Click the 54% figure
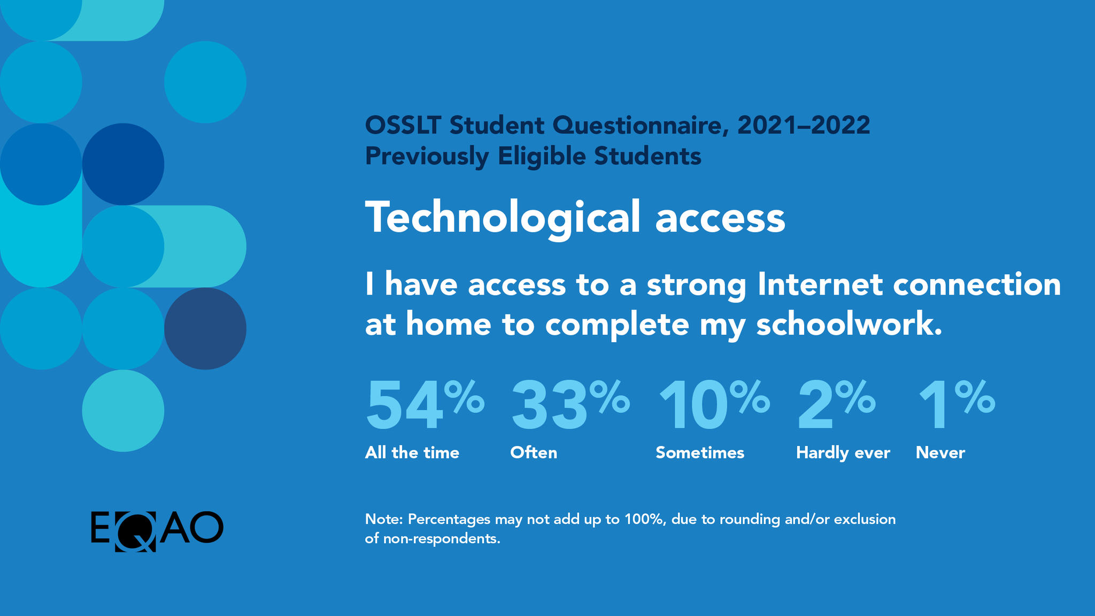point(424,405)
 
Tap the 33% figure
point(569,405)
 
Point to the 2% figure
point(836,405)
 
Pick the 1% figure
point(955,405)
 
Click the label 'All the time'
point(412,453)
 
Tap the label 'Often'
point(534,453)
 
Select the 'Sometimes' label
point(700,453)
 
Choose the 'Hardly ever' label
point(843,453)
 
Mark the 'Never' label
point(940,453)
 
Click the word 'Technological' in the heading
point(502,218)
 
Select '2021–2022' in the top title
point(803,125)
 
